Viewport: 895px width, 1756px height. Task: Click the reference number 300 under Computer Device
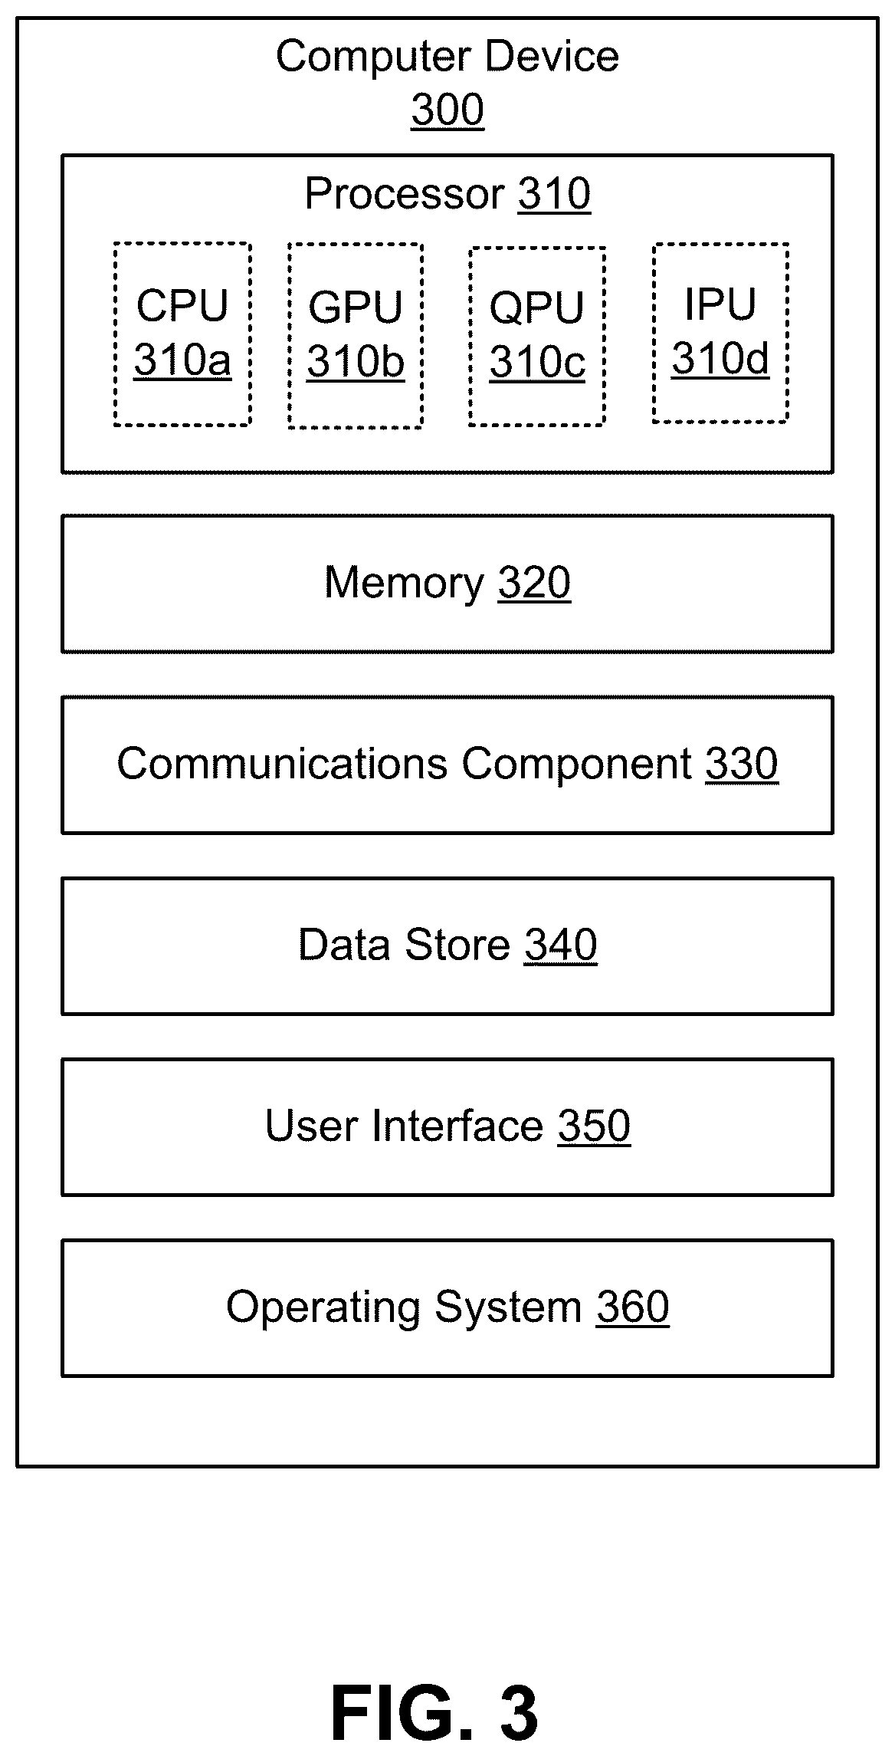[x=447, y=110]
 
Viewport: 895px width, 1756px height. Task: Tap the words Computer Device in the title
[x=447, y=57]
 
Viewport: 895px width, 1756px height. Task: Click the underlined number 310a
[x=182, y=360]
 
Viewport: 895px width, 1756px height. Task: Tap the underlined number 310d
[x=720, y=357]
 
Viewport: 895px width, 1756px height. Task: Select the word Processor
[x=405, y=193]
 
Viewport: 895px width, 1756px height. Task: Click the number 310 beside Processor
[x=555, y=193]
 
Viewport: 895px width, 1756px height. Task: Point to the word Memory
[x=405, y=583]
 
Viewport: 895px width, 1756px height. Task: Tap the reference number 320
[x=535, y=583]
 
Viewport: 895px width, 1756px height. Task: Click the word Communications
[x=283, y=764]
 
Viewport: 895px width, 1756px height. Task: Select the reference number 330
[x=742, y=764]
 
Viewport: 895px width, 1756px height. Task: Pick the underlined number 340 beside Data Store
[x=561, y=945]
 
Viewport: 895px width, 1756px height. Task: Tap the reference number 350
[x=595, y=1126]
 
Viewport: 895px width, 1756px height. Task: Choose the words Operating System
[x=405, y=1307]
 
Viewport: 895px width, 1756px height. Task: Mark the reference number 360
[x=633, y=1307]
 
